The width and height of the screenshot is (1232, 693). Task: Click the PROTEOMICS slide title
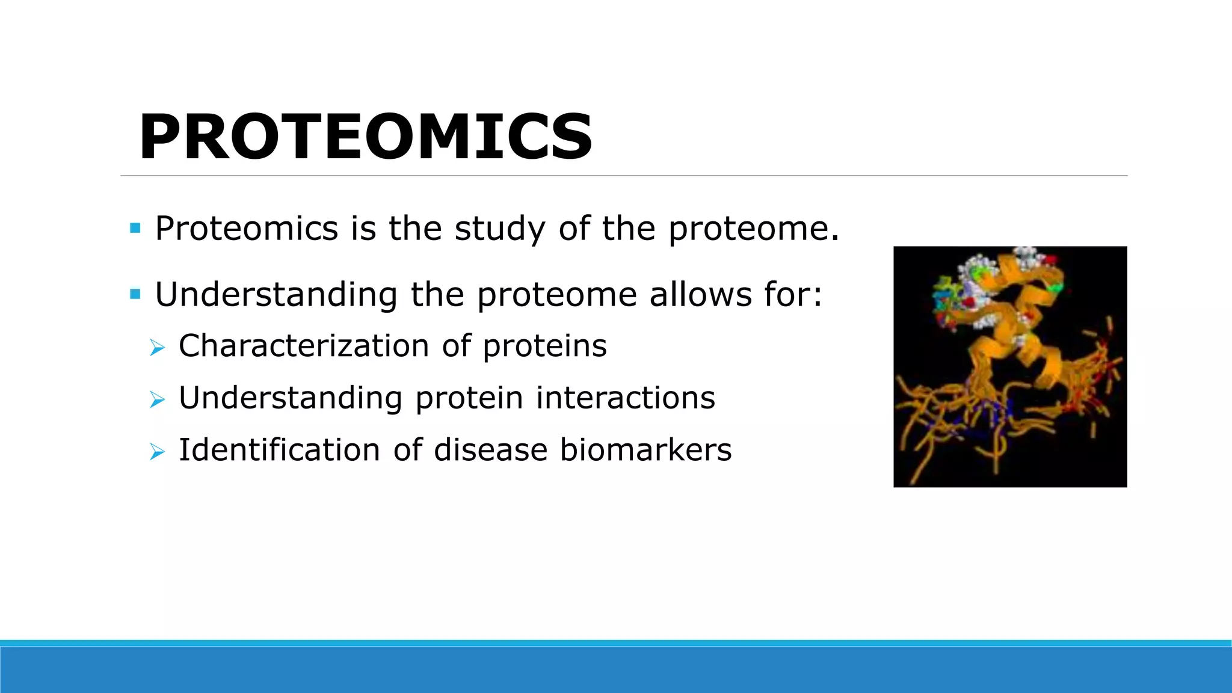click(x=366, y=137)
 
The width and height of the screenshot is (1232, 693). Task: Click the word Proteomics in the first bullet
click(x=247, y=229)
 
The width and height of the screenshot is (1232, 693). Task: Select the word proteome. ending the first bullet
click(x=753, y=230)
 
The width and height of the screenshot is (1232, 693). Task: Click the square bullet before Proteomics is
click(x=135, y=229)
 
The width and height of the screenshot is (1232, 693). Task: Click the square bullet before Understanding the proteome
click(x=135, y=295)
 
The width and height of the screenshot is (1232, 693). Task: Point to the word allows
click(x=700, y=295)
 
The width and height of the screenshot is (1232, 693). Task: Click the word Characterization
click(x=304, y=346)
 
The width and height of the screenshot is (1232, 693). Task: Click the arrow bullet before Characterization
click(x=157, y=347)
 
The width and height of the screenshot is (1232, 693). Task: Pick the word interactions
click(x=626, y=398)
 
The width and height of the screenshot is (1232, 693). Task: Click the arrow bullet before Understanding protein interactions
click(x=157, y=399)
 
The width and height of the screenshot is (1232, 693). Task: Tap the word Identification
click(x=279, y=450)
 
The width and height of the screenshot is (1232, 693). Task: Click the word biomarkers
click(x=645, y=450)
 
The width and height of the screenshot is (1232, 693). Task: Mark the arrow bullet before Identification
click(x=157, y=451)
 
